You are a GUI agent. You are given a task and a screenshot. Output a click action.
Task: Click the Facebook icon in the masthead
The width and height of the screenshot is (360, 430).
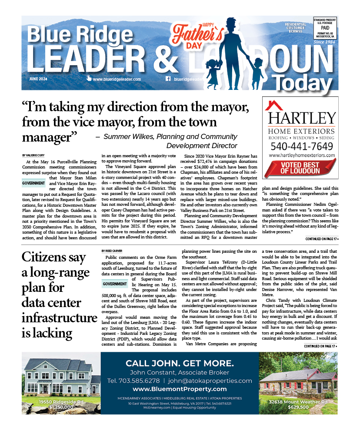[168, 79]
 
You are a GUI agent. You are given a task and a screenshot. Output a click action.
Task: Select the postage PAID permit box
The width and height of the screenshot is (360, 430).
[325, 29]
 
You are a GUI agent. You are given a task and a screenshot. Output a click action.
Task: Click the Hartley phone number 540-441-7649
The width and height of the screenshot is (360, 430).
[301, 146]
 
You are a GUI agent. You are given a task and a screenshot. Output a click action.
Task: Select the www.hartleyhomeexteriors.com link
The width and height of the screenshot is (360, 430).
[301, 155]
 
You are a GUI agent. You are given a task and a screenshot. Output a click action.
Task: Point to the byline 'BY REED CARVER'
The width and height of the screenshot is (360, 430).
[112, 251]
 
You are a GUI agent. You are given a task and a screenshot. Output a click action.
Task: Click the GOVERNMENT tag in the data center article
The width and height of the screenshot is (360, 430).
[114, 284]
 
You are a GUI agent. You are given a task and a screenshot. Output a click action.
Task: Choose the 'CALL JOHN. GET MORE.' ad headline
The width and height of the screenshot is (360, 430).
[179, 363]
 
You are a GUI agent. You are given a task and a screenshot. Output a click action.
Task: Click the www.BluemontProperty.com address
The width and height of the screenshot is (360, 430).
[179, 389]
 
